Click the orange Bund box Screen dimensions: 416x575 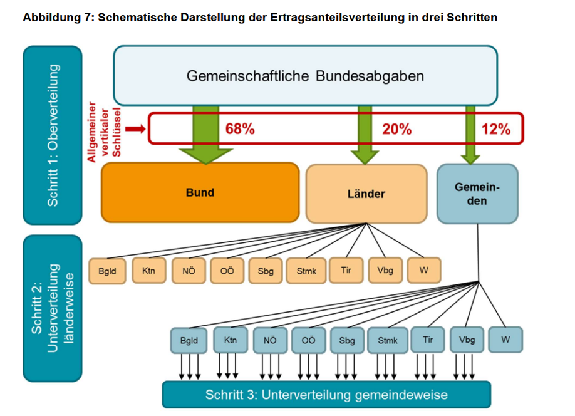[200, 192]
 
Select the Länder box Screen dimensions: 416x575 [366, 194]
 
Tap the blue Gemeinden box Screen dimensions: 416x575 [477, 194]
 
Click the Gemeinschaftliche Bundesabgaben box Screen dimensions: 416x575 [305, 76]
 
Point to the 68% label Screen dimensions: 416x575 [240, 130]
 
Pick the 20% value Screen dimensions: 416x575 [396, 130]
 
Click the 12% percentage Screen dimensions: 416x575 [496, 130]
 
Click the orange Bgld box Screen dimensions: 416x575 [107, 272]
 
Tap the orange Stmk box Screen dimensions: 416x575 [306, 272]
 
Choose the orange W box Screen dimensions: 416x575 [423, 271]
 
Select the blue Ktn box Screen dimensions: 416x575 [230, 340]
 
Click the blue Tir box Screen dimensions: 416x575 [428, 340]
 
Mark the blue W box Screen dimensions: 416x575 [505, 340]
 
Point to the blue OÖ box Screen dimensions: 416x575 [308, 340]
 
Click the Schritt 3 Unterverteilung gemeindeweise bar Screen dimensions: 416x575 [326, 395]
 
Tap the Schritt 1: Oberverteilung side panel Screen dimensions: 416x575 [53, 135]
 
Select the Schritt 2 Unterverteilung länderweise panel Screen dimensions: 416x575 [53, 308]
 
